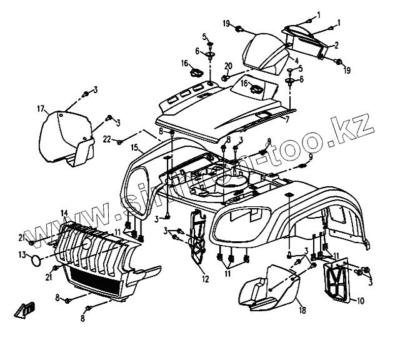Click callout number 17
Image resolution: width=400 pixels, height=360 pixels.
41,109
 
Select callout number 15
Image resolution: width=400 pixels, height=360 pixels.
134,148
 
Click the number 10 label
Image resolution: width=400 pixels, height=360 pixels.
361,301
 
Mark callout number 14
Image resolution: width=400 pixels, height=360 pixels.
64,213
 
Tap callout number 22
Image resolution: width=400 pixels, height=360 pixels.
107,139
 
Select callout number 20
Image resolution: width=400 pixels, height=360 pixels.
228,66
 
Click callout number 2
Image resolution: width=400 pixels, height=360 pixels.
336,45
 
